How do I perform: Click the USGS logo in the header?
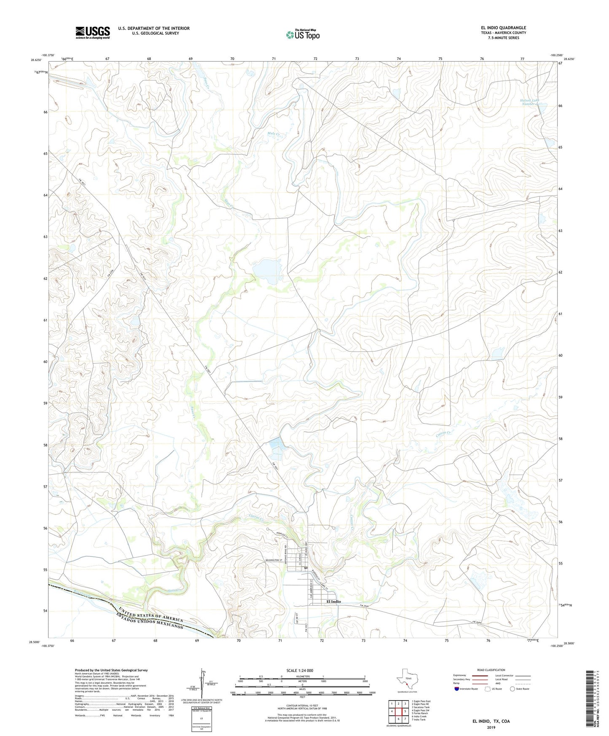tap(93, 32)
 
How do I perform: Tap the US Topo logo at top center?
tap(303, 35)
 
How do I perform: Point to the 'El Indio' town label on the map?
tap(333, 602)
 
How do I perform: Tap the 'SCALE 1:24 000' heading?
tap(299, 670)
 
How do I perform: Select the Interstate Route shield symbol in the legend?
tap(457, 689)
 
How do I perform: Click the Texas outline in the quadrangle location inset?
tap(406, 679)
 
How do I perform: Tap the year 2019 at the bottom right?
tap(491, 727)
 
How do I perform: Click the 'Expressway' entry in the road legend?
tap(460, 675)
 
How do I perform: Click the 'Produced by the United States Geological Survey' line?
tap(111, 670)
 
